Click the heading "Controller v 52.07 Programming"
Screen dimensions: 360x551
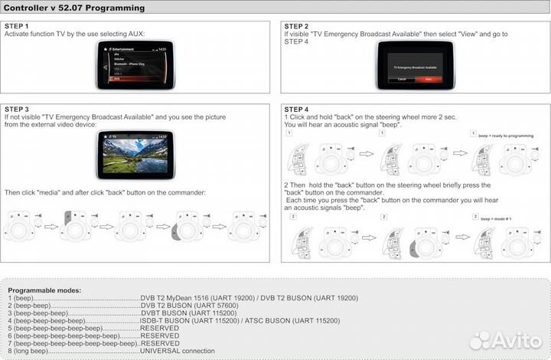click(x=73, y=8)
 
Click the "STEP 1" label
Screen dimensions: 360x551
click(x=17, y=26)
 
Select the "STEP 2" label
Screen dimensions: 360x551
click(x=297, y=26)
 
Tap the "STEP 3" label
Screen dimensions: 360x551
click(x=17, y=110)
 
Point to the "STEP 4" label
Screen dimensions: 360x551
click(x=297, y=110)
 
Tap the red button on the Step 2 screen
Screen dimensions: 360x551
click(x=429, y=79)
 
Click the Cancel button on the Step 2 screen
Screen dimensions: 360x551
click(x=402, y=79)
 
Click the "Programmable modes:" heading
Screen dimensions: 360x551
click(x=45, y=290)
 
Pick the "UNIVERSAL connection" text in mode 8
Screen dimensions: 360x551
click(x=178, y=351)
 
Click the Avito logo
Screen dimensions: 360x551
click(x=507, y=340)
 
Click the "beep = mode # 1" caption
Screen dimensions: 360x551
click(x=495, y=218)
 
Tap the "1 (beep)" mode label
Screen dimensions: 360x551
click(x=21, y=297)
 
